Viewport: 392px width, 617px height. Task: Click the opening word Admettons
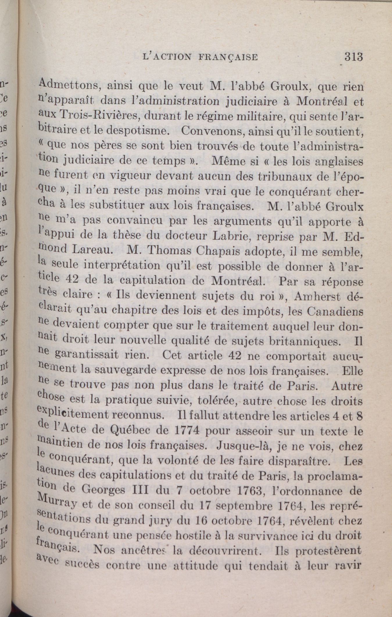[x=69, y=86]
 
